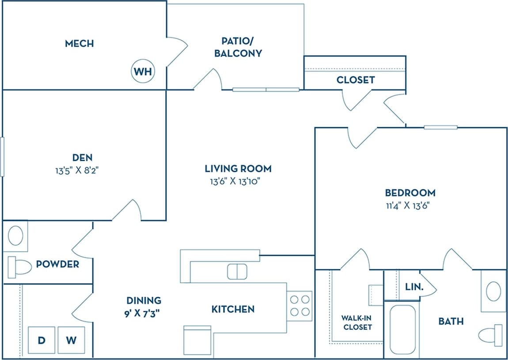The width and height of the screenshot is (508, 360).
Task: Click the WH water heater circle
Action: pos(143,72)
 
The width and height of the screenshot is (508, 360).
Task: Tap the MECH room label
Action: pos(79,43)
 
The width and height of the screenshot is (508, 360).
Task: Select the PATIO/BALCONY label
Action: pos(238,47)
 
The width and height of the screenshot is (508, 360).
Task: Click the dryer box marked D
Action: pos(41,340)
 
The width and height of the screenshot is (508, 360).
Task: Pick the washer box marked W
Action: pos(71,340)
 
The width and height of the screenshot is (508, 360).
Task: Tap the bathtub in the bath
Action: pos(402,329)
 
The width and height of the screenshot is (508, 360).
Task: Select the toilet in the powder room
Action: pos(19,266)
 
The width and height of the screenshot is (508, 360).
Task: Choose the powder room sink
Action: pos(16,235)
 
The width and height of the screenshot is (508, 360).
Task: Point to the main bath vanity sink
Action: pos(493,291)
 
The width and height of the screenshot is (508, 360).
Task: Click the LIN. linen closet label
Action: pos(414,287)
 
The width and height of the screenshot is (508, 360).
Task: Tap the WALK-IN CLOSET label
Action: pos(356,322)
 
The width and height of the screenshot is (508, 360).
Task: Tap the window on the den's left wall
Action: pos(2,157)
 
